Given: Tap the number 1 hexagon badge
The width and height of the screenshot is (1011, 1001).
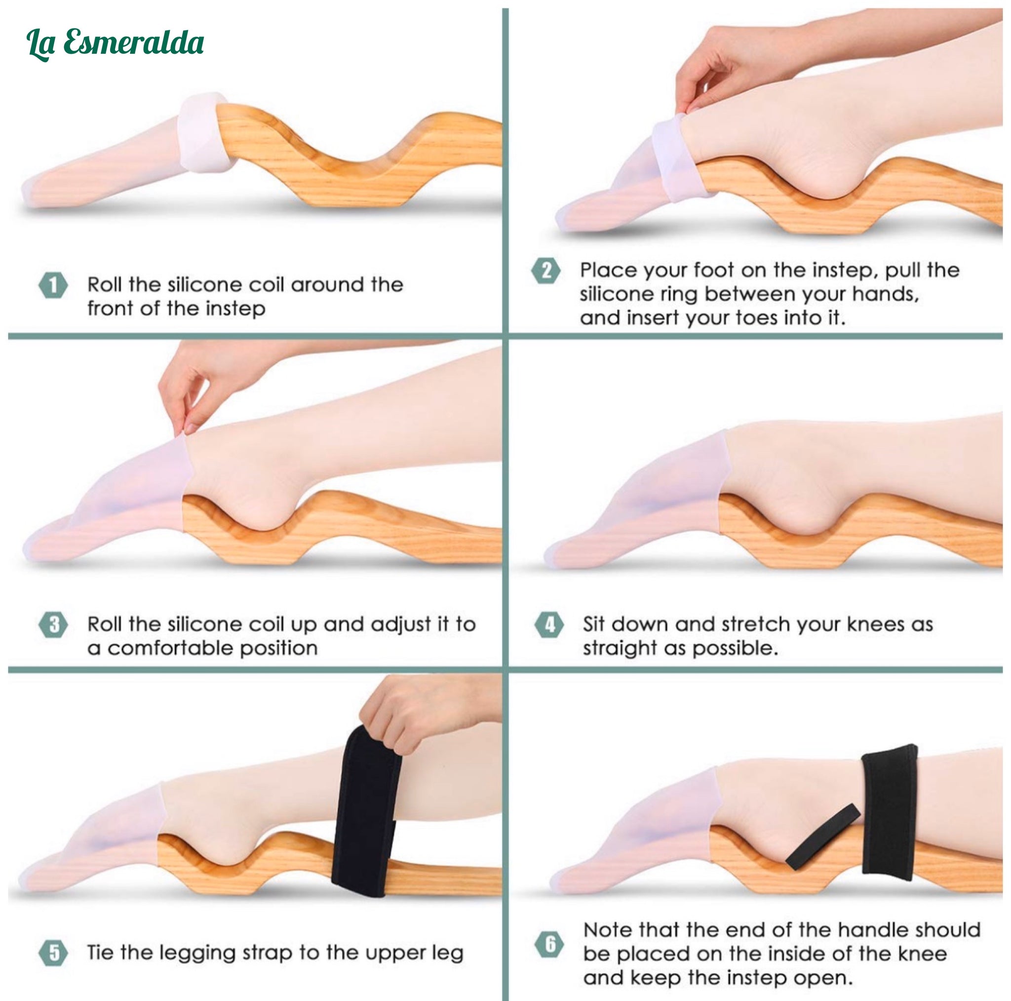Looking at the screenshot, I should coord(53,286).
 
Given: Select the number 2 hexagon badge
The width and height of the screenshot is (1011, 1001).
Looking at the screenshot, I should coord(546,271).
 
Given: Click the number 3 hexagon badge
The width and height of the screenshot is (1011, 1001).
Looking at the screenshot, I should coord(53,625).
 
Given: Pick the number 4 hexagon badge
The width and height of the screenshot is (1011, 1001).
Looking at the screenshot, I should coord(549,625).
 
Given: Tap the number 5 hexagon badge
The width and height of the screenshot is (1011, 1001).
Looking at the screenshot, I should coord(53,953).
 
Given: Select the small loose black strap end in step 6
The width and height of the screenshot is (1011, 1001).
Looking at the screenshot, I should coord(822,837).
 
